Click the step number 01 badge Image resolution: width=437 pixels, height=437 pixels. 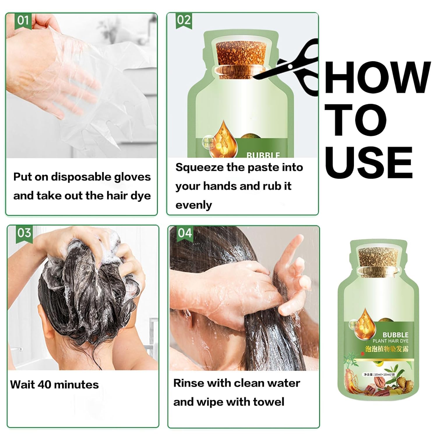click(23, 21)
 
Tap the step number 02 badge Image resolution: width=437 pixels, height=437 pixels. click(184, 20)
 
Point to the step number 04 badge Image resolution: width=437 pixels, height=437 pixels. click(185, 233)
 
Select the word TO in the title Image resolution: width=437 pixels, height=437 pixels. click(356, 120)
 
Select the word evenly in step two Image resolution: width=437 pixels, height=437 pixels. click(193, 205)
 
